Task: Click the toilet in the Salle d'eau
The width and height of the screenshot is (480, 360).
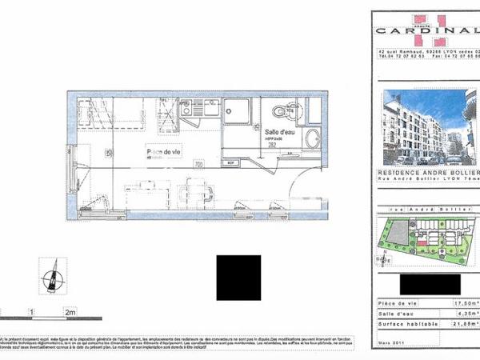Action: [x=278, y=112]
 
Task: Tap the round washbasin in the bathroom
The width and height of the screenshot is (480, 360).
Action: [x=312, y=137]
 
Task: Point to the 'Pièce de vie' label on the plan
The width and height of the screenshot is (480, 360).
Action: [x=163, y=150]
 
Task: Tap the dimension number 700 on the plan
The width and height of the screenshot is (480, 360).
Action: [x=198, y=164]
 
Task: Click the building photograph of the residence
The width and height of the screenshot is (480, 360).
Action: [x=425, y=126]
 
